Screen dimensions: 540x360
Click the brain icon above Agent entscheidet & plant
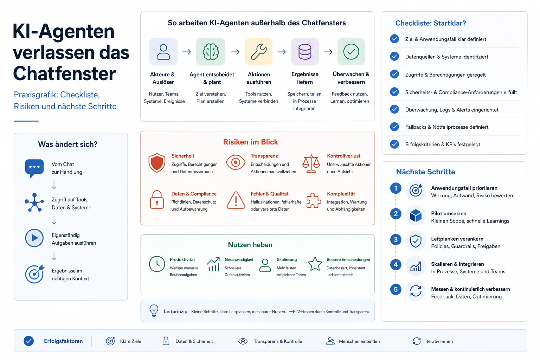click(x=211, y=52)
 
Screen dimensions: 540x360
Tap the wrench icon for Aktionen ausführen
click(x=259, y=52)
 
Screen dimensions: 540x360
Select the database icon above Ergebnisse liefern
click(x=305, y=52)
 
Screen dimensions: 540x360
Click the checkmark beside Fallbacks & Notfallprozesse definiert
click(x=394, y=127)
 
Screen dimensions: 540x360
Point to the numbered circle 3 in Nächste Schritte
click(x=396, y=239)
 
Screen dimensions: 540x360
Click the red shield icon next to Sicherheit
click(x=157, y=163)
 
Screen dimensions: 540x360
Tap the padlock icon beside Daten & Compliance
click(x=157, y=199)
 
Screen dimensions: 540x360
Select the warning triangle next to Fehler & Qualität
click(x=236, y=200)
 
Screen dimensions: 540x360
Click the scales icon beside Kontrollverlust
click(x=311, y=163)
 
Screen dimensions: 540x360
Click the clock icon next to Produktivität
click(x=157, y=264)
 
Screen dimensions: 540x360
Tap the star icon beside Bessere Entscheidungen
click(x=315, y=264)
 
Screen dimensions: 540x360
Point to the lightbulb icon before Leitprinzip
click(x=154, y=310)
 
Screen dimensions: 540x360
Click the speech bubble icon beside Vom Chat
click(x=34, y=168)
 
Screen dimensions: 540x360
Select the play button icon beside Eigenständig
click(x=34, y=238)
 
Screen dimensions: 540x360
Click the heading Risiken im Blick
click(x=250, y=142)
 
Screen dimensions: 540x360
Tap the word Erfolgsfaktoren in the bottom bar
click(x=63, y=341)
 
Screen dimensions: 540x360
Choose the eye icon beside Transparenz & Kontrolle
click(x=243, y=341)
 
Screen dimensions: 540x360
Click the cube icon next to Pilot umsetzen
click(x=416, y=216)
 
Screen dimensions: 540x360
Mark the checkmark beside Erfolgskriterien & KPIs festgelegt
click(x=394, y=144)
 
